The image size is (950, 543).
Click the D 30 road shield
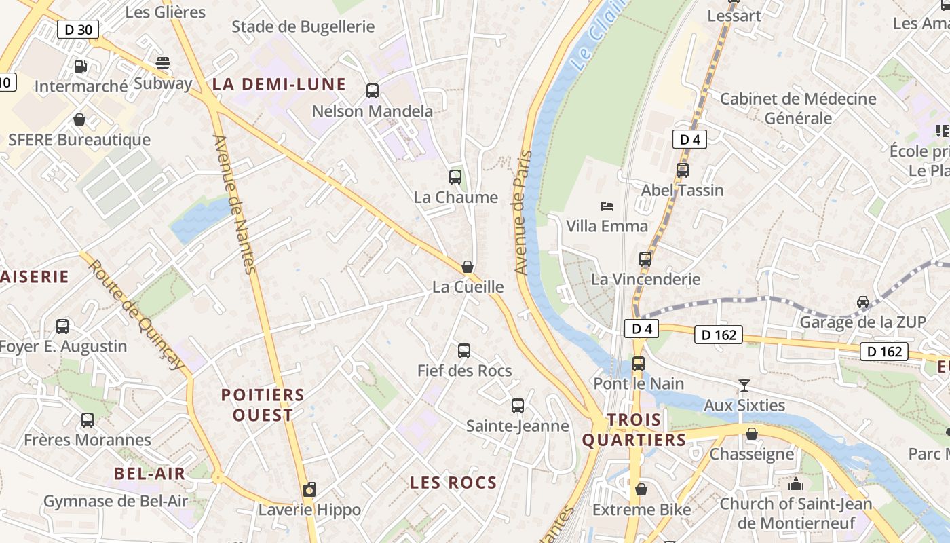click(78, 29)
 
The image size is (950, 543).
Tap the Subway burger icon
click(163, 63)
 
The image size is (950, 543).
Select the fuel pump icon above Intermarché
click(81, 67)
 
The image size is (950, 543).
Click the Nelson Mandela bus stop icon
click(372, 91)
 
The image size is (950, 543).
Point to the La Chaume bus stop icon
click(455, 177)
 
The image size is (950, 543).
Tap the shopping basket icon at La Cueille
click(468, 267)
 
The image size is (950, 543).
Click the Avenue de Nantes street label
click(233, 204)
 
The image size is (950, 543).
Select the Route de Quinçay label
click(136, 315)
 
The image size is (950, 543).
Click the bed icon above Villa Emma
click(607, 206)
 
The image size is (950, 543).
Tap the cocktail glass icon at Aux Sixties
click(744, 386)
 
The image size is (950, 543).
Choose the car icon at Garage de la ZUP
click(862, 302)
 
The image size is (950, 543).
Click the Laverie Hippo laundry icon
click(309, 489)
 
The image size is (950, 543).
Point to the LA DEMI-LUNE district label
click(279, 85)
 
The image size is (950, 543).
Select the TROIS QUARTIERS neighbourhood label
click(634, 430)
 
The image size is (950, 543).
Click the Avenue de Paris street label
click(522, 212)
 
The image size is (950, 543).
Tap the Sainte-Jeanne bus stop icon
click(518, 406)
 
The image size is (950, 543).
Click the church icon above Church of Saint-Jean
click(795, 484)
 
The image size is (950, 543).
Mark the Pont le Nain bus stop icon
click(639, 363)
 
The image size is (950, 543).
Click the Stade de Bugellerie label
click(303, 27)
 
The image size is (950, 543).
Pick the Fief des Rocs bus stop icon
click(464, 351)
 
